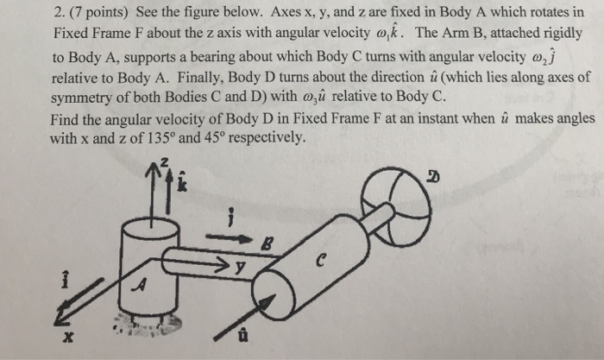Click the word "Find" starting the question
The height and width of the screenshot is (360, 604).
(66, 120)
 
